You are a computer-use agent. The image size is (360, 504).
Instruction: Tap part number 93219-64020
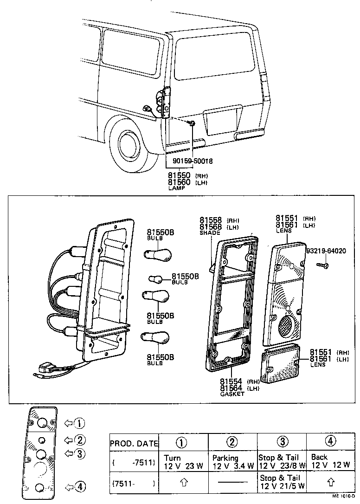[x=326, y=251]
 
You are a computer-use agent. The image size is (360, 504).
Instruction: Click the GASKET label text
[x=232, y=394]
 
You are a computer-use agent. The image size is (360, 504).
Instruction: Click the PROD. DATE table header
[x=134, y=444]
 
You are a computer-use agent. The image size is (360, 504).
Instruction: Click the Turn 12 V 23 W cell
[x=183, y=462]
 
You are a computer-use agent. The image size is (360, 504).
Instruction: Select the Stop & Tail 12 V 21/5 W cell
[x=282, y=482]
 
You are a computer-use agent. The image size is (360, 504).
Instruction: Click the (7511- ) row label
[x=134, y=483]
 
